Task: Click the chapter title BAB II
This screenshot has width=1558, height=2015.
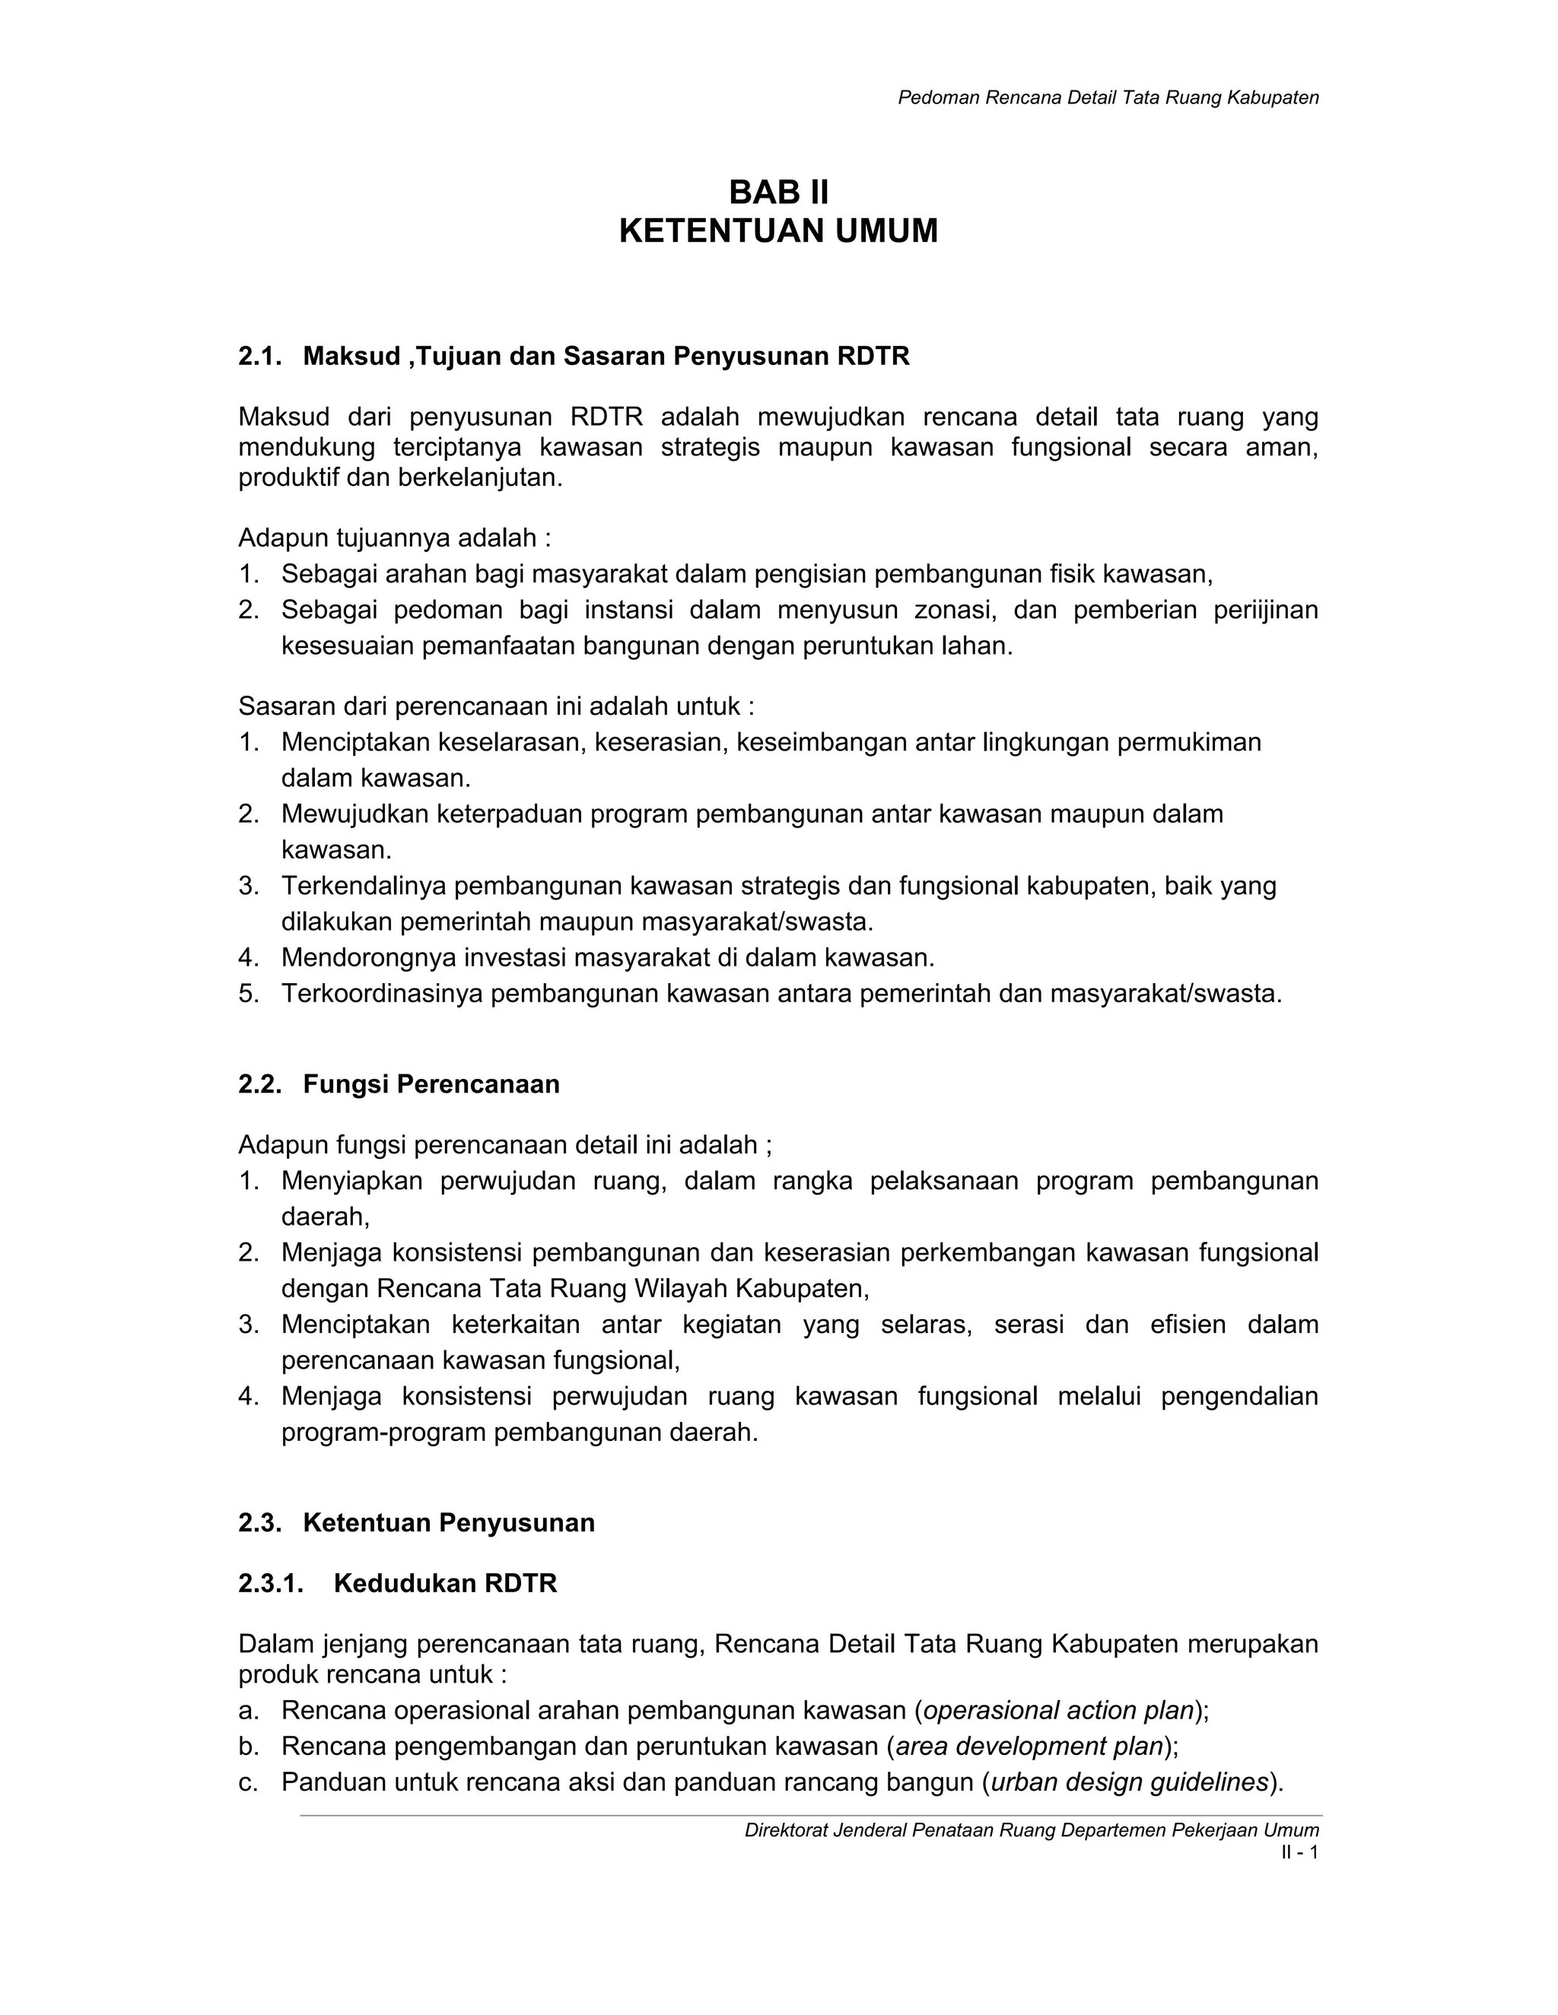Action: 778,193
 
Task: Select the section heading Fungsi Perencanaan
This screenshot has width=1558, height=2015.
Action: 431,1084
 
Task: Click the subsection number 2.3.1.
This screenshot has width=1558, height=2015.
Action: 270,1584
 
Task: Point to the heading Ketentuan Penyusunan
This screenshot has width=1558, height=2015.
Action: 449,1523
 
